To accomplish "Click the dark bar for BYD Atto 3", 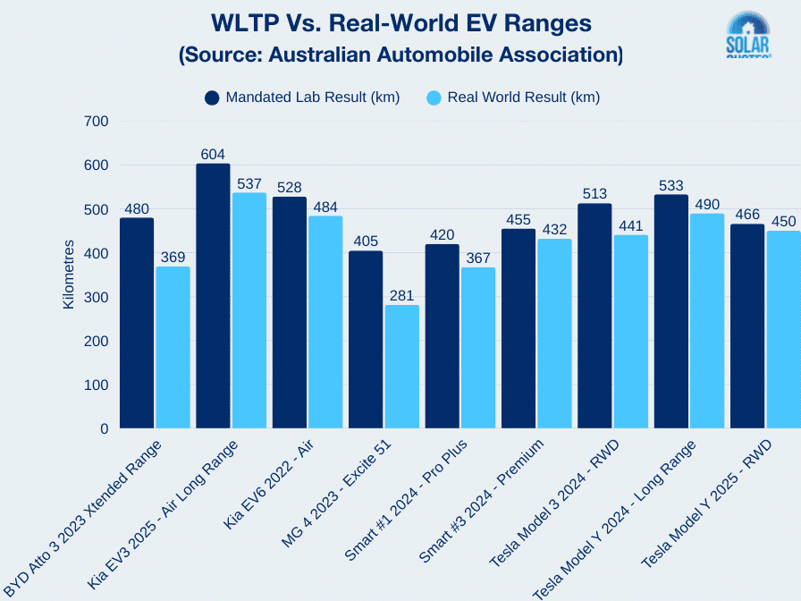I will (x=137, y=323).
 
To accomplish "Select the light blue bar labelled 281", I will (x=401, y=367).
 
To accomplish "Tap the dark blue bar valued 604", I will (x=213, y=296).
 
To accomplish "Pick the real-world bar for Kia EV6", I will (x=325, y=322).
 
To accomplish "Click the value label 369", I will (x=173, y=257).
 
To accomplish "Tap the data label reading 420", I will (x=442, y=234).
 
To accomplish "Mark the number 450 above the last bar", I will (x=783, y=221).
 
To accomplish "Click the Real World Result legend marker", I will (x=434, y=97).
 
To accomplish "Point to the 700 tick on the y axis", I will (x=95, y=121).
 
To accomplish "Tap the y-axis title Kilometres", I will (x=69, y=275).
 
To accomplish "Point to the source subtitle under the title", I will (x=400, y=54).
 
